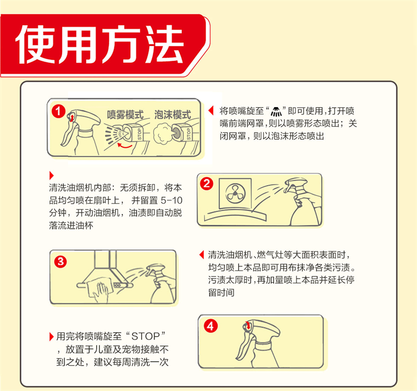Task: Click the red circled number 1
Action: tap(58, 111)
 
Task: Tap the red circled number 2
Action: tap(206, 184)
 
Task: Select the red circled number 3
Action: tap(60, 262)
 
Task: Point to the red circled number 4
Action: tap(211, 326)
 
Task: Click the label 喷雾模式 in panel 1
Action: tap(125, 115)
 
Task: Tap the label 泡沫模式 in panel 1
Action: tap(173, 115)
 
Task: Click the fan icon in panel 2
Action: tap(235, 193)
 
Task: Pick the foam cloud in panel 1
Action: tap(162, 134)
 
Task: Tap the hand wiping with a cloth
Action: tap(101, 292)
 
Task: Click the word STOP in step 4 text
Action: tap(145, 336)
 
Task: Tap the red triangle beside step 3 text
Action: tap(201, 255)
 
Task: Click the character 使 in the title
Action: tap(37, 44)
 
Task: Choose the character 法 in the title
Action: tap(164, 44)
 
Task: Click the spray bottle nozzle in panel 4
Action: tap(248, 326)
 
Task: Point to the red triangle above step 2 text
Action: tap(52, 175)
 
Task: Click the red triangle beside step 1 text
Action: tap(211, 111)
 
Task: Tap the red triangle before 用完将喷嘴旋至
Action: tap(52, 337)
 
